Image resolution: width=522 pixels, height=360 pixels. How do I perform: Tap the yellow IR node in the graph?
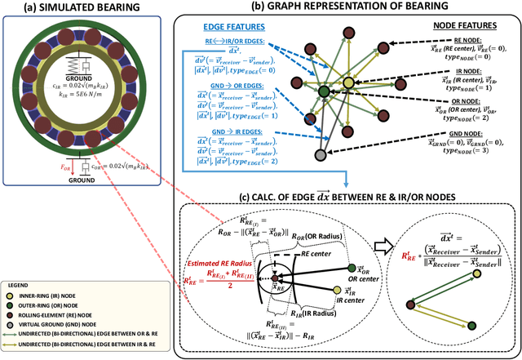coord(348,82)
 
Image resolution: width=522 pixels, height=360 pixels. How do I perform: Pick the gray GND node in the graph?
coord(321,154)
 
